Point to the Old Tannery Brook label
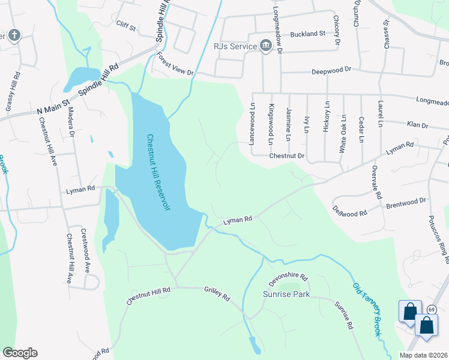click(x=367, y=309)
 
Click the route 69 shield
click(x=432, y=310)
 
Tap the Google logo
click(x=20, y=353)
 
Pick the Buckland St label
click(x=307, y=34)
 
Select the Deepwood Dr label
click(x=331, y=71)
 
